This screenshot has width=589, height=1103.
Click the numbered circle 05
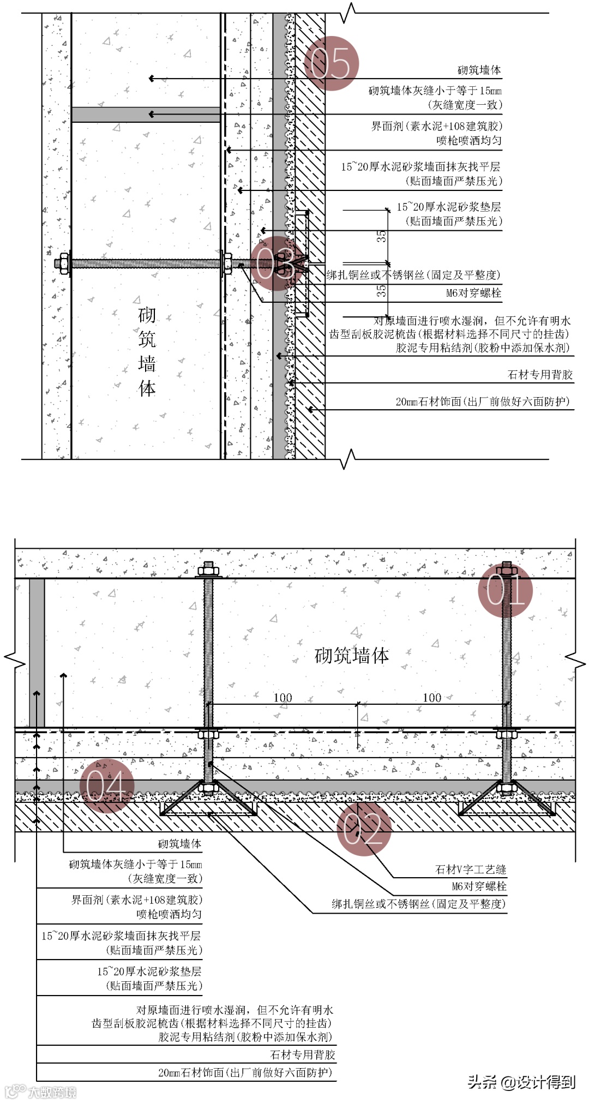pyautogui.click(x=331, y=63)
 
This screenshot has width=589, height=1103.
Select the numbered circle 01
pyautogui.click(x=505, y=590)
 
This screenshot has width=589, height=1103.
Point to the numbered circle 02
pyautogui.click(x=364, y=829)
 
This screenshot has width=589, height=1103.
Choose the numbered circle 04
pyautogui.click(x=106, y=786)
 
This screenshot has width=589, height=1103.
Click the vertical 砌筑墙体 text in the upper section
pyautogui.click(x=147, y=351)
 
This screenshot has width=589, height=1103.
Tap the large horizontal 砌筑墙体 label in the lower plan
pyautogui.click(x=352, y=655)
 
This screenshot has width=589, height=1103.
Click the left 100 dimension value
pyautogui.click(x=283, y=698)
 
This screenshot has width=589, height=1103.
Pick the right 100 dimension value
pyautogui.click(x=432, y=698)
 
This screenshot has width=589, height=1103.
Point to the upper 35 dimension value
pyautogui.click(x=381, y=236)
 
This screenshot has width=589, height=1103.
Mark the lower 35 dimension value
pyautogui.click(x=381, y=290)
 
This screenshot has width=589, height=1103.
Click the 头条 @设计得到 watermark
pyautogui.click(x=521, y=1081)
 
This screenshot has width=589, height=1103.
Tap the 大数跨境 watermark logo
pyautogui.click(x=41, y=1092)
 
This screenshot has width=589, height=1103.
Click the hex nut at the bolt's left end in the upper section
pyautogui.click(x=63, y=263)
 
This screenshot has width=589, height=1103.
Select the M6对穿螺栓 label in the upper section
pyautogui.click(x=473, y=293)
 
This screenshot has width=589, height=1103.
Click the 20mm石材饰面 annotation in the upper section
pyautogui.click(x=482, y=402)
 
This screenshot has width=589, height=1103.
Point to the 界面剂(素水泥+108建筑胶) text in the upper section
pyautogui.click(x=436, y=126)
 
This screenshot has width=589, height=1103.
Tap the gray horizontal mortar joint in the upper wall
pyautogui.click(x=146, y=115)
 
